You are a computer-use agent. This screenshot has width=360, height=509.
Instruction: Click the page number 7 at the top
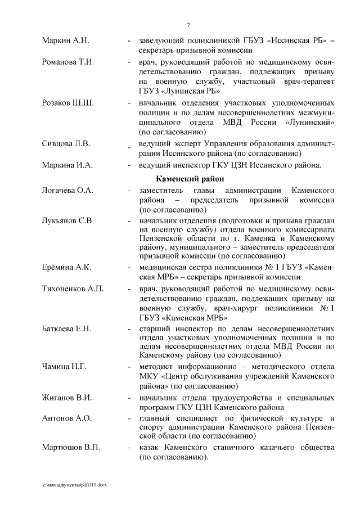[188, 24]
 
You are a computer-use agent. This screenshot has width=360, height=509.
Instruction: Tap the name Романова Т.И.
[67, 62]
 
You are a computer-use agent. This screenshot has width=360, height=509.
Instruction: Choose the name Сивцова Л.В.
[66, 143]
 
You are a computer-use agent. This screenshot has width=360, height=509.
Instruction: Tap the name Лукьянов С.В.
[67, 220]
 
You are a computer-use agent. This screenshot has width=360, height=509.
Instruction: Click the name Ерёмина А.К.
[66, 267]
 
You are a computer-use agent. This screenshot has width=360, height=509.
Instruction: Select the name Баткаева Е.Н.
[66, 328]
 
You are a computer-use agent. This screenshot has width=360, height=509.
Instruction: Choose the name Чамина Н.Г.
[64, 367]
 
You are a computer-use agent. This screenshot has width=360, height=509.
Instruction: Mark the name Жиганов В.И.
[66, 398]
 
